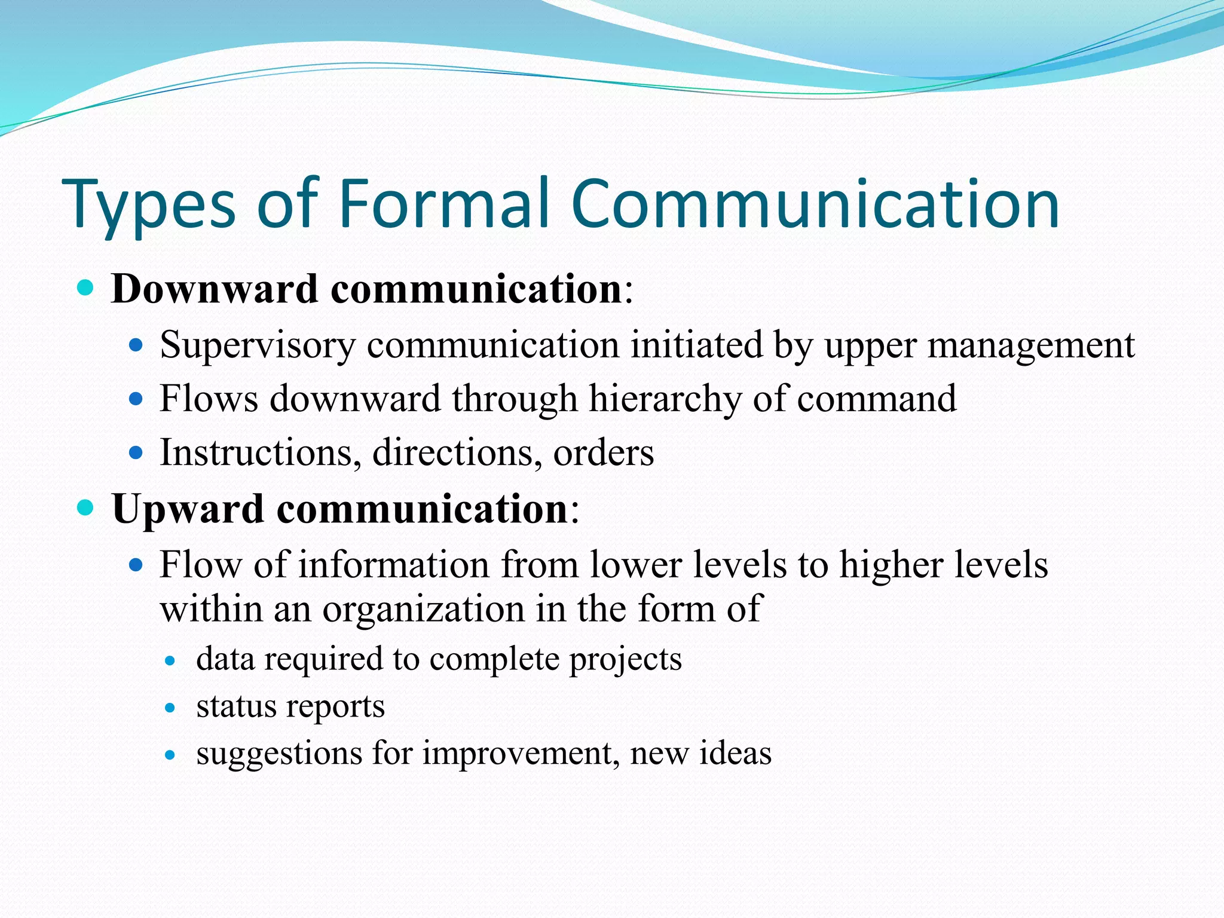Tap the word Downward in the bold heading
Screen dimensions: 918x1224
(215, 289)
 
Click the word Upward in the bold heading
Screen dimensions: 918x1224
(188, 509)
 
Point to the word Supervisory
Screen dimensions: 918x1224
(257, 345)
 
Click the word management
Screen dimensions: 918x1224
(1030, 345)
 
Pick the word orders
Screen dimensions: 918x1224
(603, 453)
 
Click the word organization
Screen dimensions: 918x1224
(423, 610)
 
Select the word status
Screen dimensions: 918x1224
(235, 706)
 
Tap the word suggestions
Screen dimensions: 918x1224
(279, 753)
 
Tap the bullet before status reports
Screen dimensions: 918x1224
(170, 708)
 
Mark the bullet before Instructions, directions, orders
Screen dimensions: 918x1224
(136, 452)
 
